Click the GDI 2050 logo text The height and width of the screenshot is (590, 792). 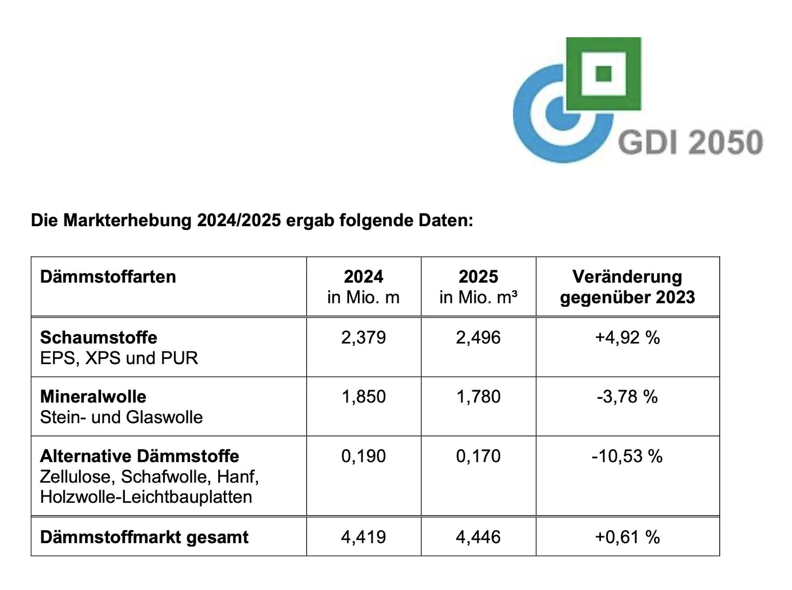690,142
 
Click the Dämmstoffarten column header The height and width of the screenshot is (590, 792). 108,277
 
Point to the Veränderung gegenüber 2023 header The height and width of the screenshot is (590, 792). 627,287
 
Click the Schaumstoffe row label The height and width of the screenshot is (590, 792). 99,338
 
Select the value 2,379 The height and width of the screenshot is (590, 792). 363,338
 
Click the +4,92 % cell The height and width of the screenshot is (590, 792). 627,338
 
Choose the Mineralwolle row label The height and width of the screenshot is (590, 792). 93,397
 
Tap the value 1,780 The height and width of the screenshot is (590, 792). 478,397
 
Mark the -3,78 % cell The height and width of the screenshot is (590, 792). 627,397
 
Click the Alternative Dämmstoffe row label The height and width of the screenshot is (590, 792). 139,456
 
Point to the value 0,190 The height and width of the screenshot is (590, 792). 363,456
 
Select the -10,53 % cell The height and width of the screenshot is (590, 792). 627,456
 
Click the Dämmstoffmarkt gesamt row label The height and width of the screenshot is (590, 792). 144,537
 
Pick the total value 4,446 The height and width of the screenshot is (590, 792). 478,537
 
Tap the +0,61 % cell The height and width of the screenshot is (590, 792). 627,537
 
